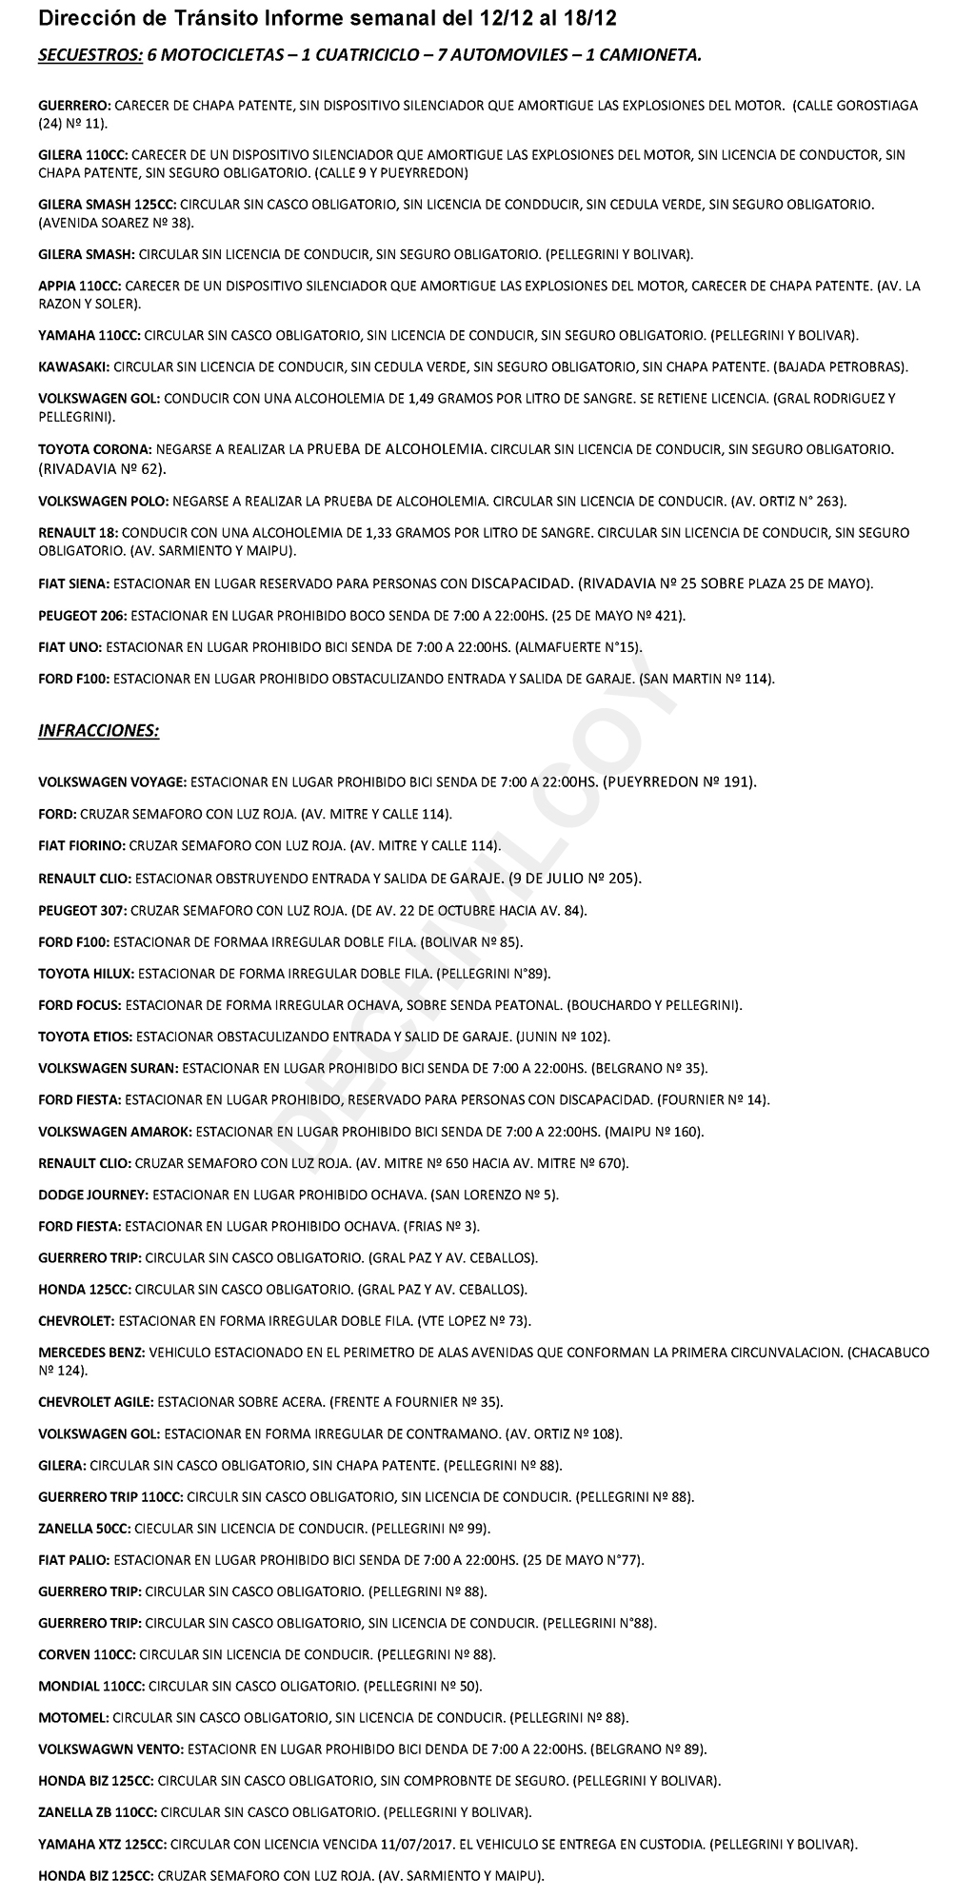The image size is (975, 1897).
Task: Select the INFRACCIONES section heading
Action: click(98, 731)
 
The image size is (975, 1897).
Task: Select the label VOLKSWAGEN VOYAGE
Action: click(111, 782)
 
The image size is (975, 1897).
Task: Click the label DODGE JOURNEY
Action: click(93, 1195)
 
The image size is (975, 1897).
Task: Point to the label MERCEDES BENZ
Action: click(91, 1353)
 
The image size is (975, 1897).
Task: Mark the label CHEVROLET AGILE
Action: click(95, 1402)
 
